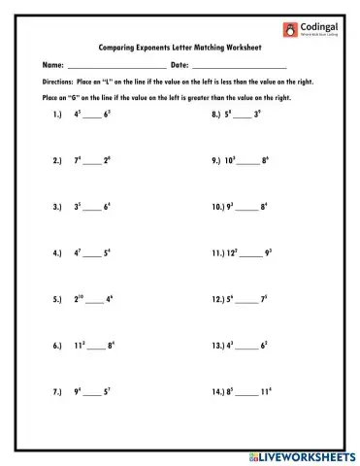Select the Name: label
[x=52, y=64]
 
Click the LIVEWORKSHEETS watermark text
[x=306, y=455]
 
